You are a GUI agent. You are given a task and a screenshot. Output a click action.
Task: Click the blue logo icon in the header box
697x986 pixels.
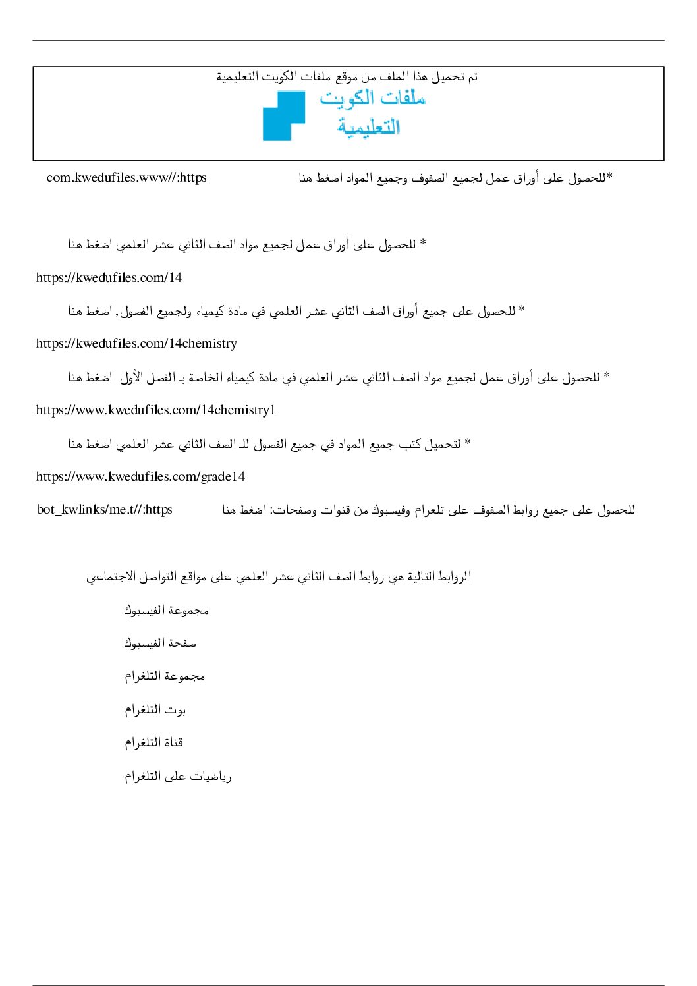pyautogui.click(x=284, y=116)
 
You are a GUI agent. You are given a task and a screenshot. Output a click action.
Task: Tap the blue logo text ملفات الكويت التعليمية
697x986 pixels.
pyautogui.click(x=372, y=112)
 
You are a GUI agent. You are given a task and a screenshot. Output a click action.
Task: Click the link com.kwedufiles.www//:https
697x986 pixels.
pyautogui.click(x=126, y=178)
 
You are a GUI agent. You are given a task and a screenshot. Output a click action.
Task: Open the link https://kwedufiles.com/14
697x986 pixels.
pyautogui.click(x=109, y=277)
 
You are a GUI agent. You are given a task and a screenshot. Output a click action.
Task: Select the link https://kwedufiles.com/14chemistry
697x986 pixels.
pyautogui.click(x=136, y=343)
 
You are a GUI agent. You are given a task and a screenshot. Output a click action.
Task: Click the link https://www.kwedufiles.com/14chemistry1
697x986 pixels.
pyautogui.click(x=155, y=410)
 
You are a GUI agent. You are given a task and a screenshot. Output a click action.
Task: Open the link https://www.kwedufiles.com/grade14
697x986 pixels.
pyautogui.click(x=140, y=476)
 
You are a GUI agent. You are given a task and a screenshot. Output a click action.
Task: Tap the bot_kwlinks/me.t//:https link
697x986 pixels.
pyautogui.click(x=104, y=509)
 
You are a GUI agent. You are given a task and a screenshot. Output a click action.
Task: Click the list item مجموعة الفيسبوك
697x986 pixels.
pyautogui.click(x=167, y=611)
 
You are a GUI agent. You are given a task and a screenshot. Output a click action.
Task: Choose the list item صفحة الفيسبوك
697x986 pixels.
pyautogui.click(x=160, y=644)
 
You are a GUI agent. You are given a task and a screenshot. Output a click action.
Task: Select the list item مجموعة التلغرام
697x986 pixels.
pyautogui.click(x=165, y=676)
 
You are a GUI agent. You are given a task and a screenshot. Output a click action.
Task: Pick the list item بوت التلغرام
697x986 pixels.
pyautogui.click(x=155, y=710)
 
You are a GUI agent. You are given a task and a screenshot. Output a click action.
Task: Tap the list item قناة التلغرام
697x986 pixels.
pyautogui.click(x=154, y=743)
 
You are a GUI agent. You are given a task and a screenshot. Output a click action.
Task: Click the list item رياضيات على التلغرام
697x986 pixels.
pyautogui.click(x=178, y=777)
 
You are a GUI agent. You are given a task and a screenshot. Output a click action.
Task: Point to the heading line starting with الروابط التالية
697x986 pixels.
pyautogui.click(x=279, y=577)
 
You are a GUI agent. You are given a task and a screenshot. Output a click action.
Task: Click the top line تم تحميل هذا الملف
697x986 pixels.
pyautogui.click(x=347, y=77)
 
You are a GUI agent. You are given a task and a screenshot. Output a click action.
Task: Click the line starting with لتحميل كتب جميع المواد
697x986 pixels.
pyautogui.click(x=269, y=444)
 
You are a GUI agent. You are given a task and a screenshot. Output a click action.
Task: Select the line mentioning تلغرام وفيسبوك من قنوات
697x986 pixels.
pyautogui.click(x=428, y=510)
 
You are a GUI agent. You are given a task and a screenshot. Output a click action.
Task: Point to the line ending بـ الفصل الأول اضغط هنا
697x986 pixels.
pyautogui.click(x=339, y=377)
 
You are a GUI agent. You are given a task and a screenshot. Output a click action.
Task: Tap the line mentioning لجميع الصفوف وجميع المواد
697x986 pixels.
pyautogui.click(x=455, y=178)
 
